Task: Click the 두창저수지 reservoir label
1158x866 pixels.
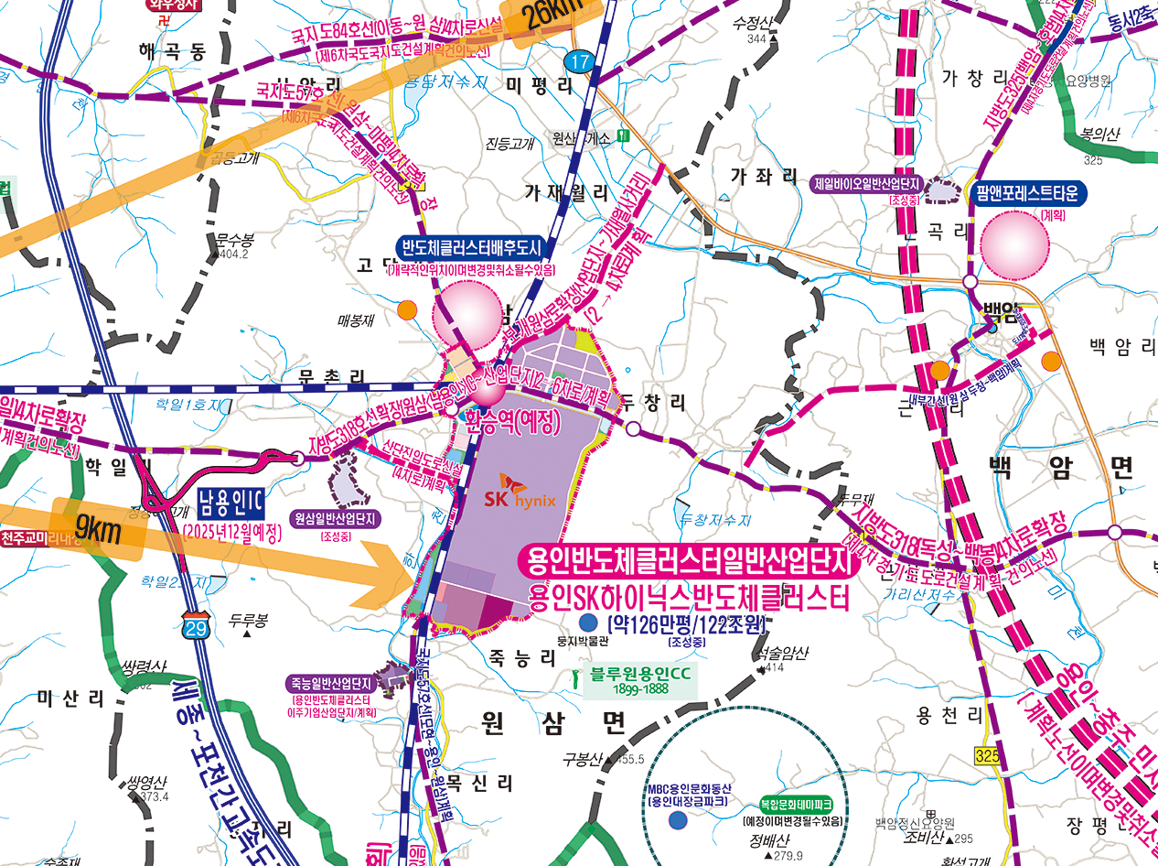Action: point(715,520)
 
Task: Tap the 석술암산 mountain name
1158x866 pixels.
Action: point(784,653)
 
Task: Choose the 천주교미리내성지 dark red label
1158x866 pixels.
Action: point(41,537)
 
